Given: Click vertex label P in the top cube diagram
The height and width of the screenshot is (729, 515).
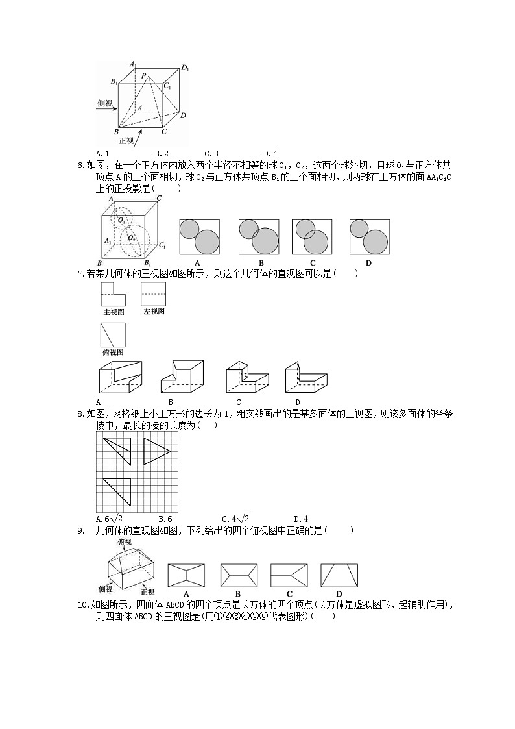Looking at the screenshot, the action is tap(143, 75).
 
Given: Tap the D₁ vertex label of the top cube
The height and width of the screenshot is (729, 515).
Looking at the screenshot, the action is tap(185, 68).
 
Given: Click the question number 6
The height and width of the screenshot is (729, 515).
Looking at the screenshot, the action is tap(80, 165).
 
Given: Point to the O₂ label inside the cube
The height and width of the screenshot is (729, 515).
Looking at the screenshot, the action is tap(132, 238).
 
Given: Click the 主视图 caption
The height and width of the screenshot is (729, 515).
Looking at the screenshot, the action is tap(114, 312).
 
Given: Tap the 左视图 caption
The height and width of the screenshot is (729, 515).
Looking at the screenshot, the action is tap(154, 312).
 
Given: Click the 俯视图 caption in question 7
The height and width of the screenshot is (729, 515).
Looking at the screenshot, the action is tap(113, 352).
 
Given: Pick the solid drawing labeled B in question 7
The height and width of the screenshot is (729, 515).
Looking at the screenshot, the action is tap(182, 377).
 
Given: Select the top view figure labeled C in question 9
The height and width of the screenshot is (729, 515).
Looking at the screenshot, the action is tap(289, 576).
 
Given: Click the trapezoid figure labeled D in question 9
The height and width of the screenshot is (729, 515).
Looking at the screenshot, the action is tap(339, 576).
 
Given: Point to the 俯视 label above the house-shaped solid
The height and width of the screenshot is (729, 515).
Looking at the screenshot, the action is tap(125, 542).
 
